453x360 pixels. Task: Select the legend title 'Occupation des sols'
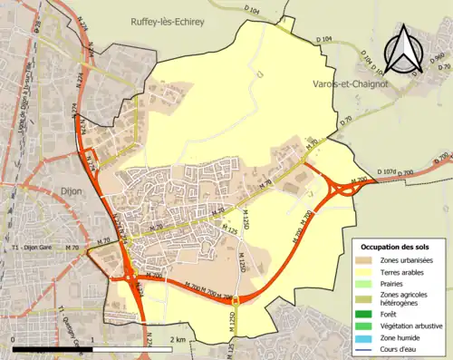(395, 247)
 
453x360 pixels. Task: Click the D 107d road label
(386, 171)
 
